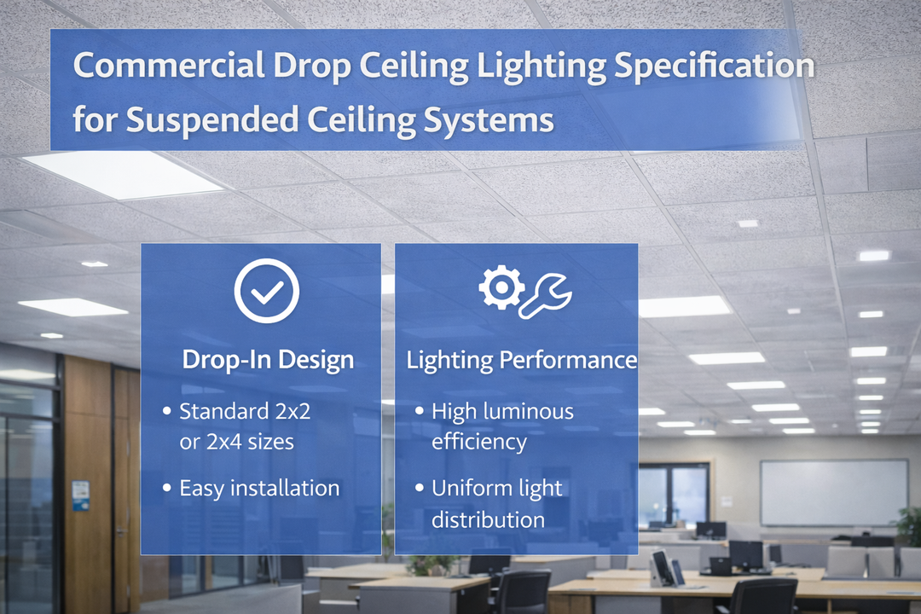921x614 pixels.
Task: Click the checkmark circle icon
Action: tap(267, 291)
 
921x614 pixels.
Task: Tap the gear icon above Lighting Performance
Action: tap(501, 287)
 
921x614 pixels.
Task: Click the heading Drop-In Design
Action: tap(267, 359)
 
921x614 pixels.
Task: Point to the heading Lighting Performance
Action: tap(521, 359)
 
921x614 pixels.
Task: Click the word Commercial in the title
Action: tap(166, 67)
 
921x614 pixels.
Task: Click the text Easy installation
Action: tap(259, 488)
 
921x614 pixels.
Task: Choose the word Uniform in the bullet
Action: tap(472, 488)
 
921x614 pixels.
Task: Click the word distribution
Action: tap(488, 518)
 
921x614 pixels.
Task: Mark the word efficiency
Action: tap(478, 442)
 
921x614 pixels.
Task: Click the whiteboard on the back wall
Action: tap(833, 492)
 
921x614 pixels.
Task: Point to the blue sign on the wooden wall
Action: tap(80, 495)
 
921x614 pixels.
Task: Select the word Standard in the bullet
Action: tap(221, 411)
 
